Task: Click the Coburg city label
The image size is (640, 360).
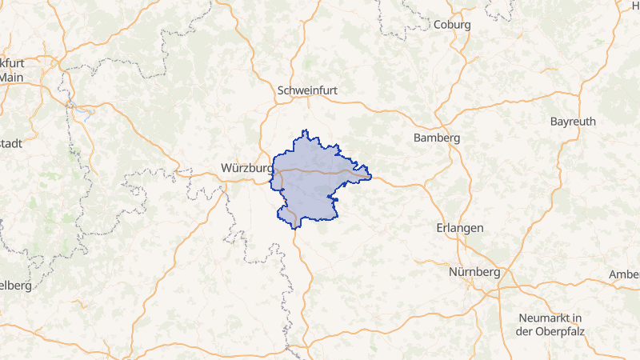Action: [452, 25]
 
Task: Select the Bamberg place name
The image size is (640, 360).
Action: [436, 138]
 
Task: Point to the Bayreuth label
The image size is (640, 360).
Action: [573, 122]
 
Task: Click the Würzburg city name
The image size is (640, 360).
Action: [246, 168]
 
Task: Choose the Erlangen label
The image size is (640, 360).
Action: [460, 228]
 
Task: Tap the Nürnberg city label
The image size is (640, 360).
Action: [474, 272]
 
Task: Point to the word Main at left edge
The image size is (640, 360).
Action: [11, 78]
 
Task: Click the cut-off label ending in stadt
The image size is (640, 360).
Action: [11, 143]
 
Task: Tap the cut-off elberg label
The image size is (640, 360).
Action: [15, 286]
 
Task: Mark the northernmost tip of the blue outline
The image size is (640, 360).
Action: [304, 130]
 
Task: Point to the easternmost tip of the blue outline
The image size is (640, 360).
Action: [372, 178]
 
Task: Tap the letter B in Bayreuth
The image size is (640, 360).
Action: [554, 122]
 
